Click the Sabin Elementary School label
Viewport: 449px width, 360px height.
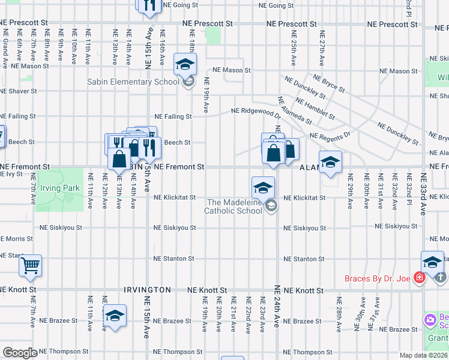(133, 82)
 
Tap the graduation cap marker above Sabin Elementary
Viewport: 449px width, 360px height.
(185, 64)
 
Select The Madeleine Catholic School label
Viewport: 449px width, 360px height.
(233, 206)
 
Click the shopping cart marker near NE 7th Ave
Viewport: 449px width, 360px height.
(30, 264)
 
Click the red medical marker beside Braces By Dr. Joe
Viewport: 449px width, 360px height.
(419, 278)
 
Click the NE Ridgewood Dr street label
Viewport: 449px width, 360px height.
(256, 111)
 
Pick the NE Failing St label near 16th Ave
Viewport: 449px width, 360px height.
(173, 116)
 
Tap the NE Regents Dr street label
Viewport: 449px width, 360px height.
(330, 136)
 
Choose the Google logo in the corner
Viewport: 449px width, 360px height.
(20, 353)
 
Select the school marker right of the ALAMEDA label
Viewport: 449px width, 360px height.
(330, 162)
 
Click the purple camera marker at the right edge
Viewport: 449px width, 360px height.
(430, 319)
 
